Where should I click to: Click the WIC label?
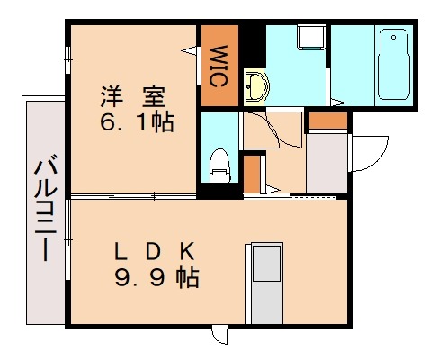coord(218,65)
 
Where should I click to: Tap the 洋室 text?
coord(133,94)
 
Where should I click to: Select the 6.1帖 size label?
coord(136,120)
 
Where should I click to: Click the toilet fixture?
coord(218,165)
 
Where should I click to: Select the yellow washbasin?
coord(255,88)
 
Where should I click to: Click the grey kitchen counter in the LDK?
coord(265,284)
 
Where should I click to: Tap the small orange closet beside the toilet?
coord(253,175)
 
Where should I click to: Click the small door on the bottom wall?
coord(219,335)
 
